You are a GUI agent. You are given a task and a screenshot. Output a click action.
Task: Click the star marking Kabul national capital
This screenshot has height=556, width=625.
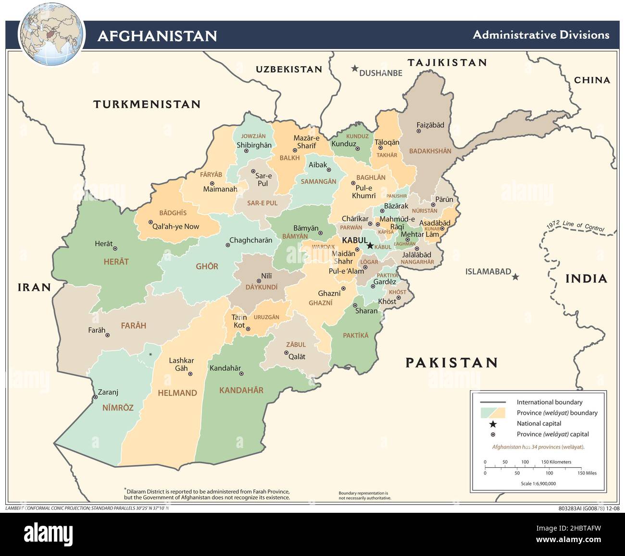tap(370, 245)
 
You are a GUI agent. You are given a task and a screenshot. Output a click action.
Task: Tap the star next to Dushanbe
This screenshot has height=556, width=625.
tap(355, 69)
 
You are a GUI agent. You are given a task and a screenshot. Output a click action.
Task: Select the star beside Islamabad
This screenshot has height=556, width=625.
tap(515, 277)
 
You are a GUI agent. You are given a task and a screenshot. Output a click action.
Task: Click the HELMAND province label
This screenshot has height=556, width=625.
tap(177, 393)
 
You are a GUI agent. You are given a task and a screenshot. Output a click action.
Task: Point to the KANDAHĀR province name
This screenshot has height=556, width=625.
tap(241, 390)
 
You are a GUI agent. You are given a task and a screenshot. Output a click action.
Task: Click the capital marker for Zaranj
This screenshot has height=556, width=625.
tap(95, 397)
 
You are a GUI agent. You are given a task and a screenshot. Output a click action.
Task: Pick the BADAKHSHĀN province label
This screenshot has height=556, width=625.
tap(430, 151)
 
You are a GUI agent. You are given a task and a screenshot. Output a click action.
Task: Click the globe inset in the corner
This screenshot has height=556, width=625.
tap(51, 35)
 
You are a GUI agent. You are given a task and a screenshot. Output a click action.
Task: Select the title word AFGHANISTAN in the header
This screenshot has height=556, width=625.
tap(157, 36)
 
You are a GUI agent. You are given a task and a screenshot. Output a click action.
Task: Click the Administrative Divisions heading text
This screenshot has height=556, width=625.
tap(541, 35)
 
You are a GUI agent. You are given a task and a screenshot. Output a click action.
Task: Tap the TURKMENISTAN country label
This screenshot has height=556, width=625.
tap(147, 104)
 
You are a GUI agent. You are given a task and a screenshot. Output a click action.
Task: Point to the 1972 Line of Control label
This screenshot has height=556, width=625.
tap(575, 226)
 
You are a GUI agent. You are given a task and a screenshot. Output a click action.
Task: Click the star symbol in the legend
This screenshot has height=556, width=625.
tap(493, 423)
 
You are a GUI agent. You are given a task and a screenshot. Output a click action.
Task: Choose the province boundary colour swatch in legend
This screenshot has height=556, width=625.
tap(493, 413)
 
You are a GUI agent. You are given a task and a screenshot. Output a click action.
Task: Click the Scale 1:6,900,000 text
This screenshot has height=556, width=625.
tap(538, 483)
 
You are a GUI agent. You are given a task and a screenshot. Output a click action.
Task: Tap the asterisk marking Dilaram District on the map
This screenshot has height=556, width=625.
tap(150, 354)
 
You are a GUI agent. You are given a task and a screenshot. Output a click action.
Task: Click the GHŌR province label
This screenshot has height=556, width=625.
tap(207, 266)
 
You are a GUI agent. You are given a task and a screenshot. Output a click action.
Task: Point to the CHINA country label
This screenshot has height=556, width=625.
tap(592, 80)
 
